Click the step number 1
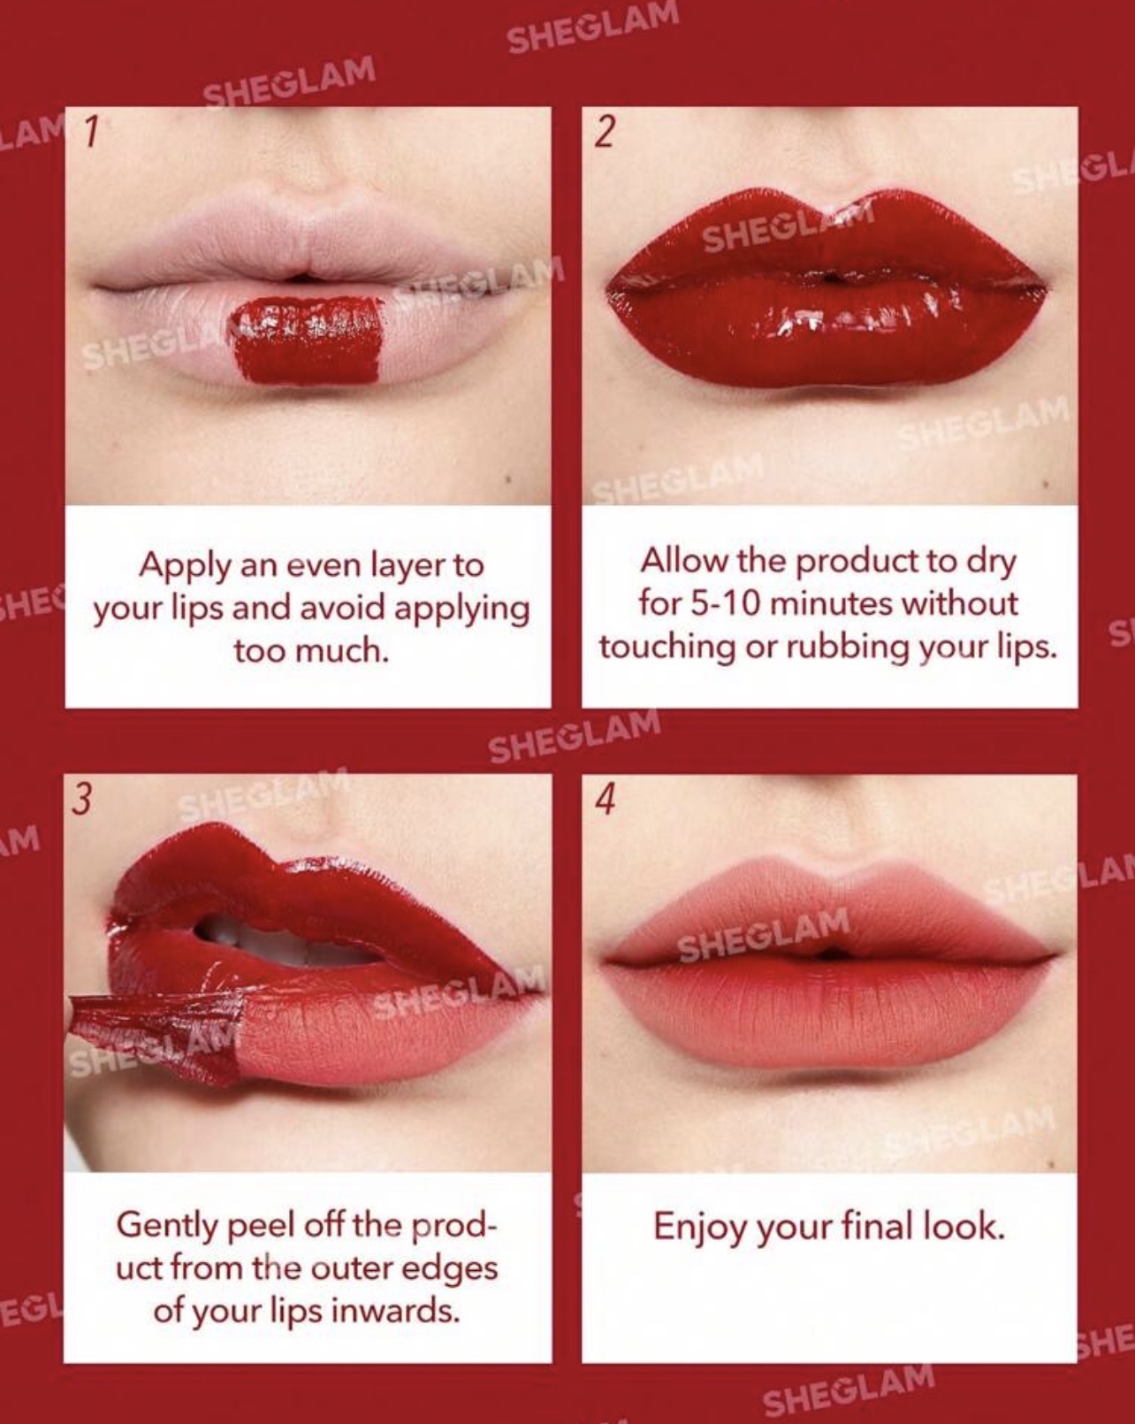[x=91, y=131]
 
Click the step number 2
[x=605, y=131]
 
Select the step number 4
[x=606, y=800]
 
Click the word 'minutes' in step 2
[x=829, y=603]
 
